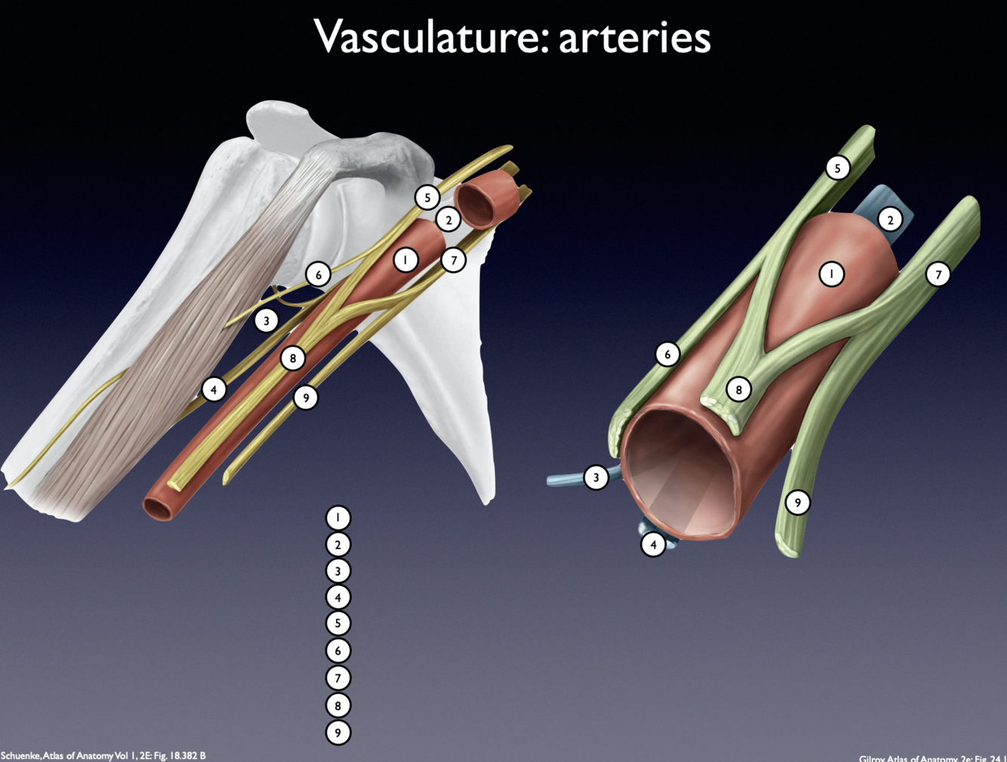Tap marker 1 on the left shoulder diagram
(x=405, y=261)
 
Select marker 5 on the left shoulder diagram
(x=427, y=198)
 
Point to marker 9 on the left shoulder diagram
(x=306, y=398)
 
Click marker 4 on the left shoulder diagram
(x=214, y=390)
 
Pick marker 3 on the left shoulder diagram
(x=266, y=320)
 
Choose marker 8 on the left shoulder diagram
(x=293, y=358)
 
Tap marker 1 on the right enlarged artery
(x=832, y=274)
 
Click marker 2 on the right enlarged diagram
(x=891, y=220)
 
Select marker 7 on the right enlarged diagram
(x=938, y=274)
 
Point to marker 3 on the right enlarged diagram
(x=596, y=477)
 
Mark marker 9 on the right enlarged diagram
(x=798, y=502)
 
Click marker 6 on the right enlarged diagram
(x=667, y=353)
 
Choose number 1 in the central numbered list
(x=338, y=518)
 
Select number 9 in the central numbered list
(x=338, y=733)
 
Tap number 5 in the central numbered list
(x=338, y=624)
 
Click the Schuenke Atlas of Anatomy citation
(x=103, y=755)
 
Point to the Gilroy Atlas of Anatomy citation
(x=932, y=757)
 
